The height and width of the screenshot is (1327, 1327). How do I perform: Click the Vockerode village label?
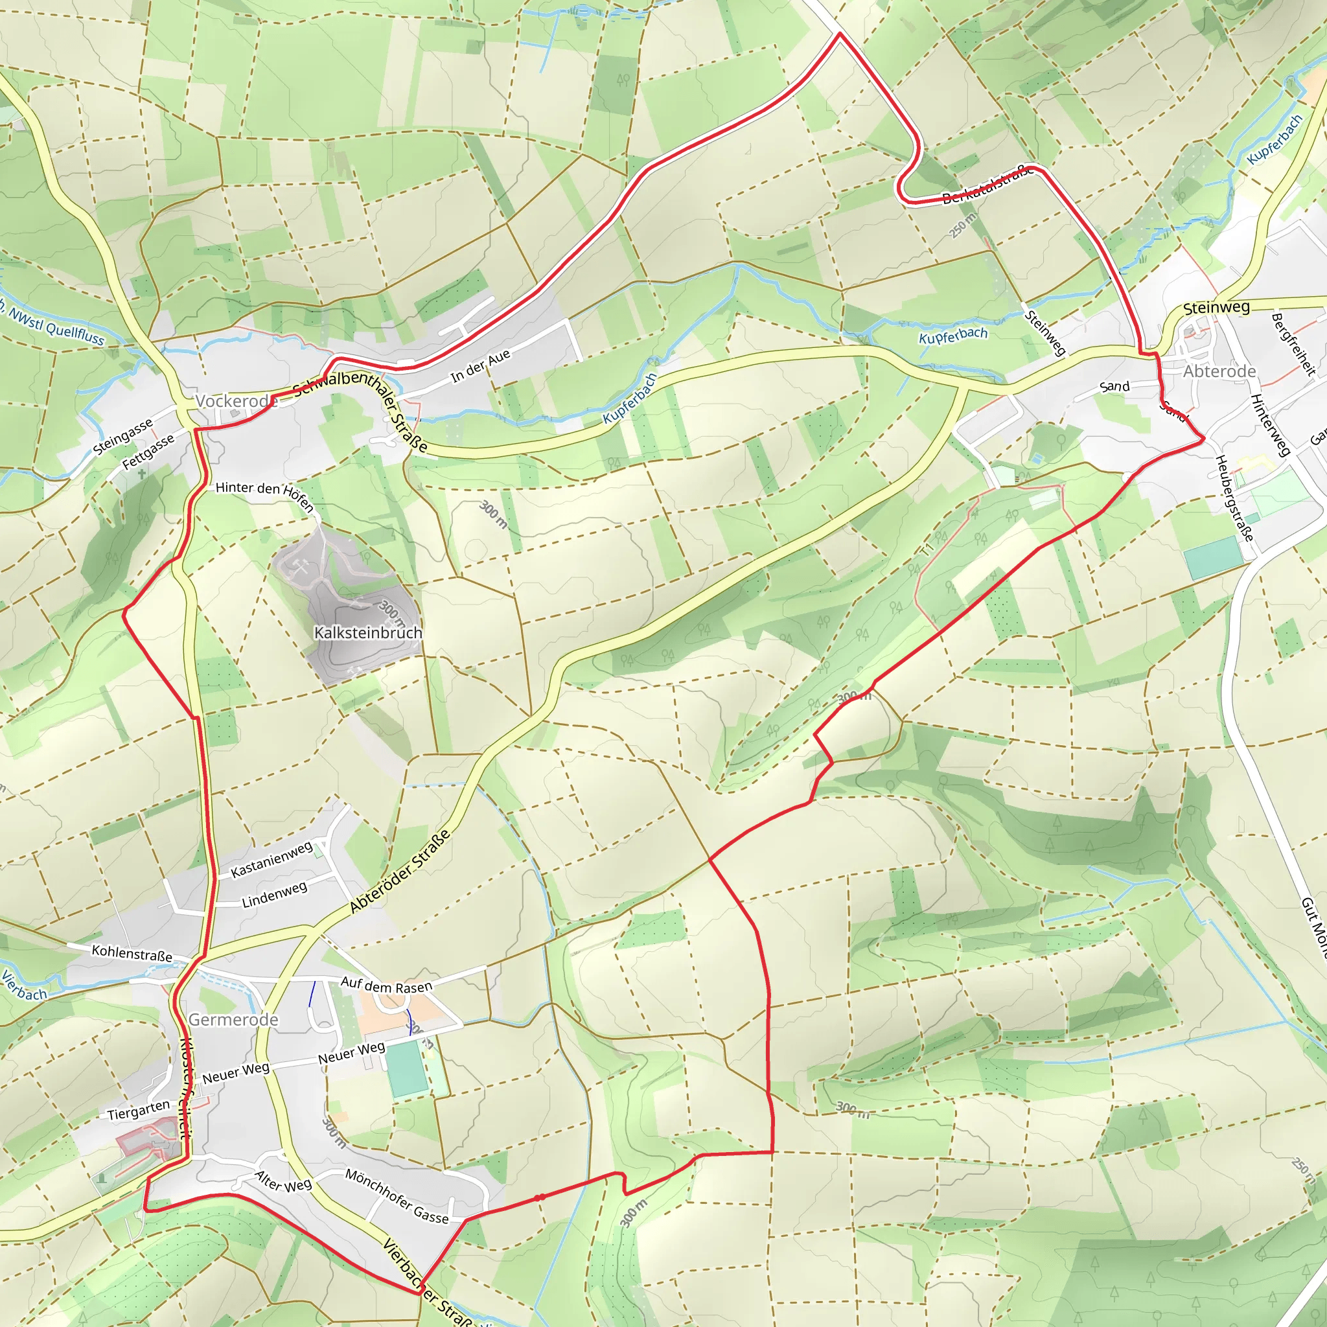pyautogui.click(x=237, y=401)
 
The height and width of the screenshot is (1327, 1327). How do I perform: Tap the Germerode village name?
pyautogui.click(x=233, y=1019)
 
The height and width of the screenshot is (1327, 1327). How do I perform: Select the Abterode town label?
pyautogui.click(x=1219, y=371)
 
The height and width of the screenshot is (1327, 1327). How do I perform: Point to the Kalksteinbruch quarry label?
pyautogui.click(x=368, y=632)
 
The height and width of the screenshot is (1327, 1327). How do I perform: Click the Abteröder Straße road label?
pyautogui.click(x=400, y=871)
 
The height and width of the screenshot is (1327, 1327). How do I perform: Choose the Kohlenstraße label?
pyautogui.click(x=132, y=952)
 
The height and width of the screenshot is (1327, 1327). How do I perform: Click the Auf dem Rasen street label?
pyautogui.click(x=387, y=986)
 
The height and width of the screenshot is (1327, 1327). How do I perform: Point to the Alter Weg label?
pyautogui.click(x=283, y=1181)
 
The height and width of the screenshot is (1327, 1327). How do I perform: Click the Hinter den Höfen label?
pyautogui.click(x=265, y=494)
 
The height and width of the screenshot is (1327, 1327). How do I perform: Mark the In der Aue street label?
pyautogui.click(x=481, y=365)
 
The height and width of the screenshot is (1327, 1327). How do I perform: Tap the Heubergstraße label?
pyautogui.click(x=1234, y=498)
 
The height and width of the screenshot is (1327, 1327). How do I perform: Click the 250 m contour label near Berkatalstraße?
pyautogui.click(x=963, y=225)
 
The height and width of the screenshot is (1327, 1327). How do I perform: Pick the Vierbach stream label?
pyautogui.click(x=23, y=986)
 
